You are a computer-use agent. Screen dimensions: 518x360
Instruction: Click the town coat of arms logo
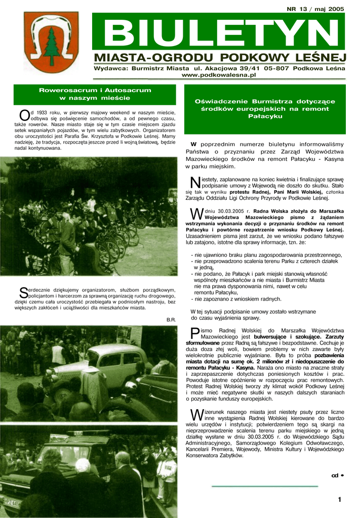[x=51, y=42]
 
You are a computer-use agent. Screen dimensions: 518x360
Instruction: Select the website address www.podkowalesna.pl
[x=219, y=75]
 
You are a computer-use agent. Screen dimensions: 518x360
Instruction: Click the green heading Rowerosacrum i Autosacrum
[x=95, y=90]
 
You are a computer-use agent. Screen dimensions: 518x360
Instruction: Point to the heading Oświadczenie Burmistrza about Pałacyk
[x=265, y=109]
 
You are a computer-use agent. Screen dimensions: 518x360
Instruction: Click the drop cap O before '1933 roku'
[x=24, y=116]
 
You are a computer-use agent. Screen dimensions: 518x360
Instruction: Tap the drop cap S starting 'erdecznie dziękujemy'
[x=23, y=293]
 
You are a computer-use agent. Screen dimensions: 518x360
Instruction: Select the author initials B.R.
[x=171, y=320]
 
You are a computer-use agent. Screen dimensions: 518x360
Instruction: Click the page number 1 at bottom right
[x=340, y=500]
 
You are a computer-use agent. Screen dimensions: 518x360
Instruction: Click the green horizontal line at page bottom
[x=264, y=486]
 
